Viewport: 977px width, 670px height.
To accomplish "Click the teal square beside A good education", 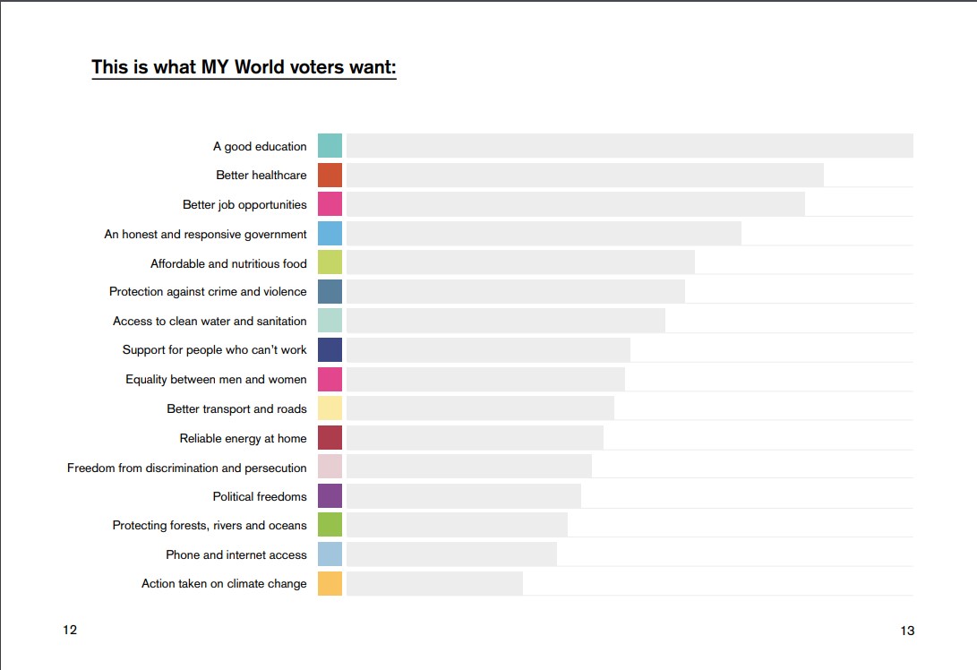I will tap(330, 146).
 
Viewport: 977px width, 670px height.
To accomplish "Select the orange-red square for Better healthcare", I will tap(330, 176).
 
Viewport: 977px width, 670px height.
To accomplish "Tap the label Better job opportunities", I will tap(244, 205).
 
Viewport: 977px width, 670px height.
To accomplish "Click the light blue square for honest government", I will tap(330, 234).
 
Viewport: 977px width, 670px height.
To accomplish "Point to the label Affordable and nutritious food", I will tap(228, 263).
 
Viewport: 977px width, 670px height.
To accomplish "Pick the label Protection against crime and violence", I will tap(208, 292).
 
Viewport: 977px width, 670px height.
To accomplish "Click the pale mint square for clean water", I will tap(330, 321).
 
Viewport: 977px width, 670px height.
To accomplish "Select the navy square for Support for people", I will tap(330, 350).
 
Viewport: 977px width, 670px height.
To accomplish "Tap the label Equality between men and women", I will tap(216, 380).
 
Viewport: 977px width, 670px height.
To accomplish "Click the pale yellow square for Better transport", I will tap(330, 408).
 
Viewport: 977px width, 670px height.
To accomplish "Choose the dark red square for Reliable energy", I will tap(330, 438).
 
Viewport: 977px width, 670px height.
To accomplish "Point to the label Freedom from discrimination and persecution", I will tap(186, 468).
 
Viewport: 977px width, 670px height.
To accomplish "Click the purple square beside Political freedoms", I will tap(330, 496).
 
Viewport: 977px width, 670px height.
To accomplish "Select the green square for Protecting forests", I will tap(330, 525).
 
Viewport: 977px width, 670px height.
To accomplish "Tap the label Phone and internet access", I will tap(236, 554).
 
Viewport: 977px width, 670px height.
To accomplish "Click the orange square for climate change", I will tap(330, 584).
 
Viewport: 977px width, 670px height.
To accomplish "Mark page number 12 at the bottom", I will tap(70, 630).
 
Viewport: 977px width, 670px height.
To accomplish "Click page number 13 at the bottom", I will tap(907, 631).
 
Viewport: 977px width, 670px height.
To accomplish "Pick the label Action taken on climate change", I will tap(224, 584).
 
